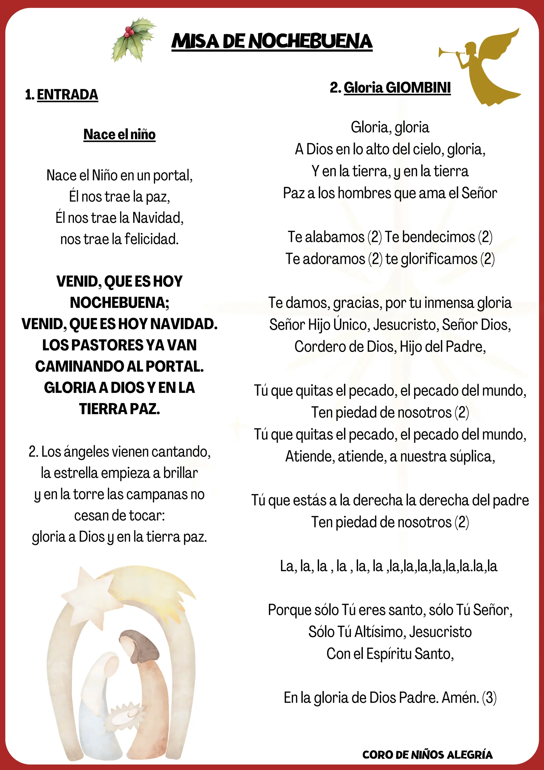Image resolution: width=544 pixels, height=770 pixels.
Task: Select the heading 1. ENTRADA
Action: [62, 95]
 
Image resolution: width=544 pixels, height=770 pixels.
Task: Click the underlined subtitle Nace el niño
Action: [119, 134]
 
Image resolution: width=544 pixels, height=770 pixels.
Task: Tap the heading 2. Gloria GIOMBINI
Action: [390, 88]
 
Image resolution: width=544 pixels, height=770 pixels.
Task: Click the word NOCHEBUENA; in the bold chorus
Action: [119, 303]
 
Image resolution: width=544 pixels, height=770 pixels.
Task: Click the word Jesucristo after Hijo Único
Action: [406, 325]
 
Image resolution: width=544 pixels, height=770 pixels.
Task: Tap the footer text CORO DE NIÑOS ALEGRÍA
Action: [427, 755]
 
